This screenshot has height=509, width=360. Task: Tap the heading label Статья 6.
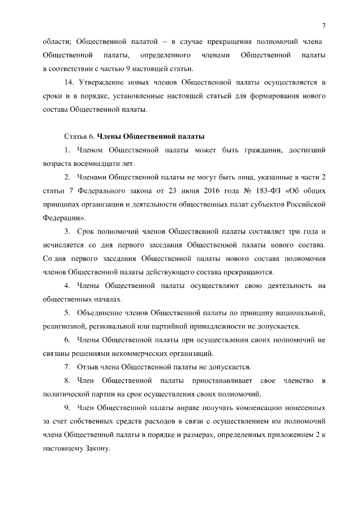(x=78, y=137)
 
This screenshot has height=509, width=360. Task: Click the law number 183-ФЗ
(x=258, y=191)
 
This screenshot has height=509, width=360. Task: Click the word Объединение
(x=103, y=313)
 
